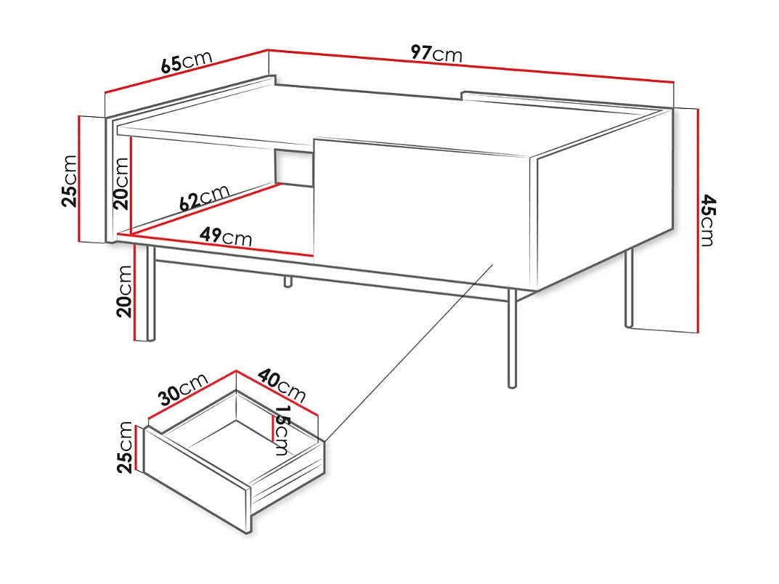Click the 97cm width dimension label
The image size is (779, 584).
tap(436, 54)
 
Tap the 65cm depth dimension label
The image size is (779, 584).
tap(186, 63)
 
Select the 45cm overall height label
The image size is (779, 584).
tap(707, 221)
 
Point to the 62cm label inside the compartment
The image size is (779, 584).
tap(205, 198)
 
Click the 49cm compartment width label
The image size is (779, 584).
tap(226, 236)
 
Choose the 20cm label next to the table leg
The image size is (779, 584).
tap(124, 291)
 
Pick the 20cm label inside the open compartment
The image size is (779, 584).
tap(121, 183)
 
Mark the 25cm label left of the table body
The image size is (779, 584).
tap(69, 181)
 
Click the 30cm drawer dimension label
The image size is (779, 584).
tap(183, 390)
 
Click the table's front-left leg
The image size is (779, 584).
tap(151, 294)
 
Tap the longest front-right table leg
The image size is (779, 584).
tap(512, 338)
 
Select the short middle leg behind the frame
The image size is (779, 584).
tap(288, 281)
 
